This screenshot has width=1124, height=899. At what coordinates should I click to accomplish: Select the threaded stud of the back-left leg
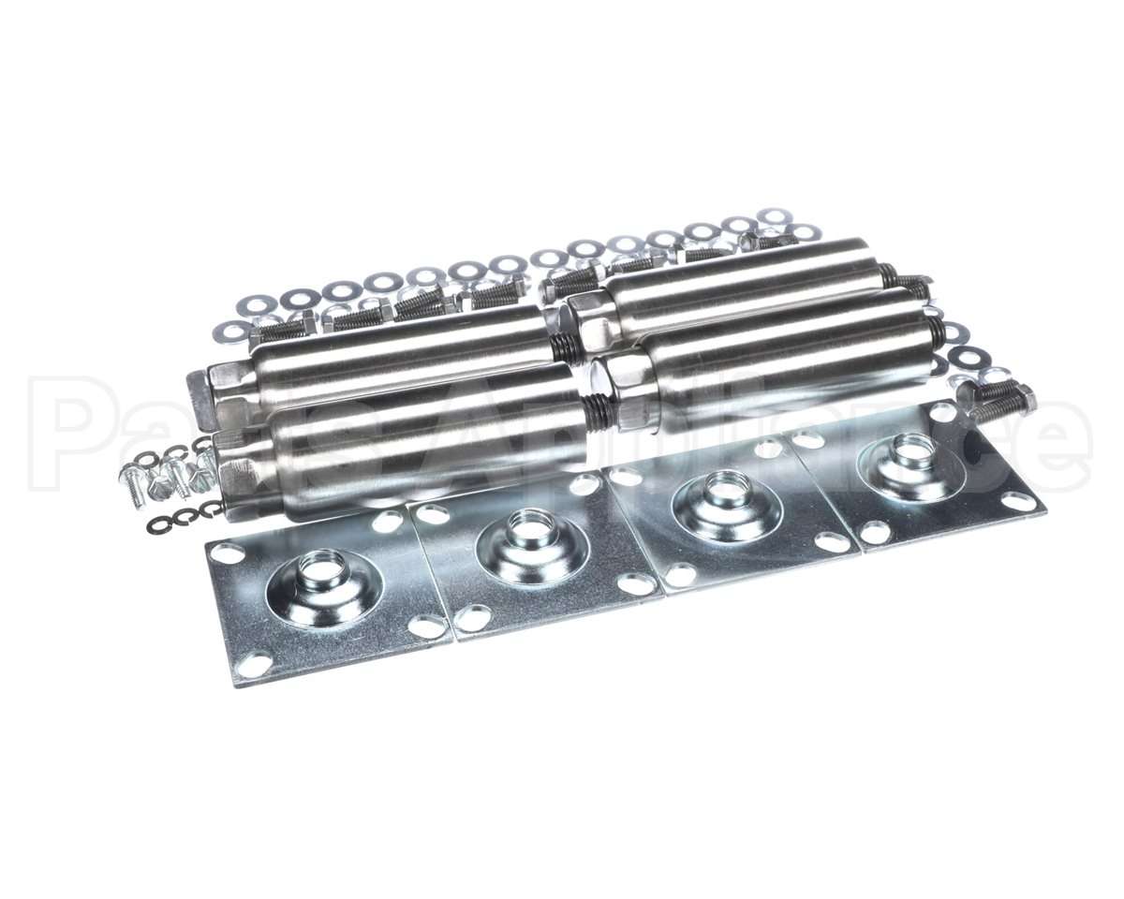564,348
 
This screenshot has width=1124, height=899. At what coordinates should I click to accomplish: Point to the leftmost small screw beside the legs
130,484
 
